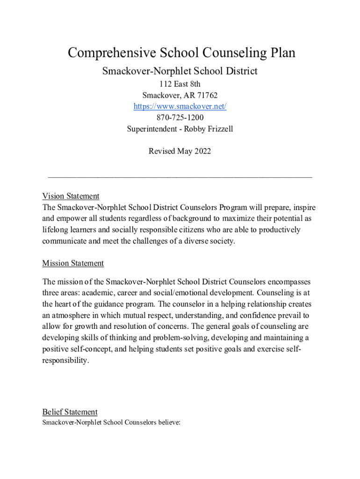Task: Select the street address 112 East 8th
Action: point(180,84)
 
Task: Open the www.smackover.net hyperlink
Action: point(180,107)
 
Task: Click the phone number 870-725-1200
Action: point(180,118)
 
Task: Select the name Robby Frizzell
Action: point(208,129)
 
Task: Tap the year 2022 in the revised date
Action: point(202,151)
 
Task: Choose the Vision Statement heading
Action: point(71,196)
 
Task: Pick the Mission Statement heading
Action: point(73,263)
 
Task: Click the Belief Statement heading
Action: point(70,412)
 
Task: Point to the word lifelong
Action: point(56,230)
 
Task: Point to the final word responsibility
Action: point(65,361)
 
